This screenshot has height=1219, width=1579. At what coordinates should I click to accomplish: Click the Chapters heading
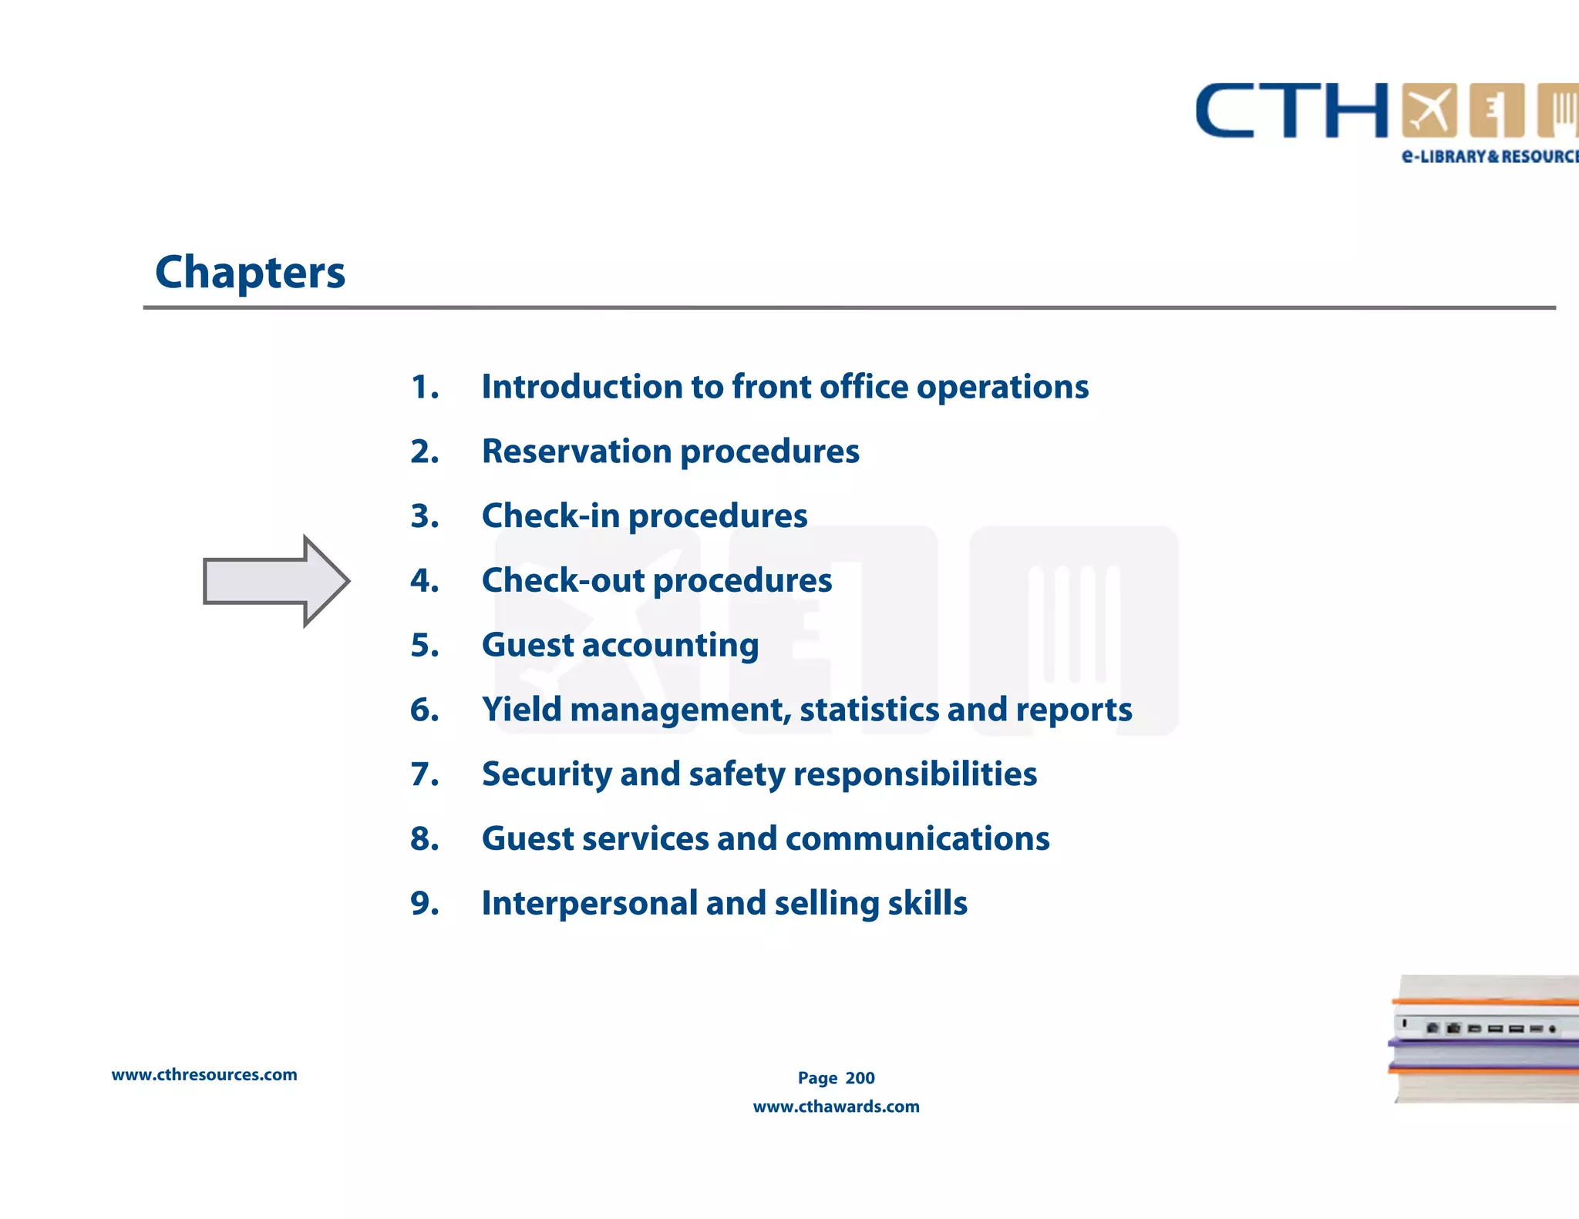coord(250,273)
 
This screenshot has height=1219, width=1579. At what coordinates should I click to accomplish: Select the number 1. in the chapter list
coord(425,387)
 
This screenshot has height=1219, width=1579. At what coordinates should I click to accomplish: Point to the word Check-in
coord(550,515)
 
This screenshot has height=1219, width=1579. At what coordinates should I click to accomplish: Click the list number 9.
coord(425,903)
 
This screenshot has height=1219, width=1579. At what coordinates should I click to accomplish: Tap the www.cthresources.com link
coord(204,1075)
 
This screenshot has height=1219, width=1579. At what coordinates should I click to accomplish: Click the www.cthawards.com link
coord(836,1107)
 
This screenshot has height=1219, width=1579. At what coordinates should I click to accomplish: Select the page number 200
coord(860,1078)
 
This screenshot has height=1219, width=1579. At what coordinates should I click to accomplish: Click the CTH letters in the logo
coord(1291,112)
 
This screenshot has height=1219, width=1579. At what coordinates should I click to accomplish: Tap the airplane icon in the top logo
coord(1429,110)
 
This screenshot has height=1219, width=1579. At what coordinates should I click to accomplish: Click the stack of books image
coord(1484,1039)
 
